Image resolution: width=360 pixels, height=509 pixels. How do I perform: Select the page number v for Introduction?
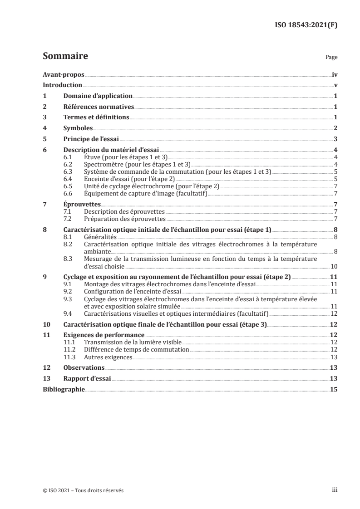point(335,85)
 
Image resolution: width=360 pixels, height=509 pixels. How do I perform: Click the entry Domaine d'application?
point(98,96)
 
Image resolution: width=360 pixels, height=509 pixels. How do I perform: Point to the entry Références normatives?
point(99,107)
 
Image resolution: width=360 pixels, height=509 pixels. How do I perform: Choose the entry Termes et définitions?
point(96,117)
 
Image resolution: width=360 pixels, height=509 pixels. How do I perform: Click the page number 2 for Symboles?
point(335,128)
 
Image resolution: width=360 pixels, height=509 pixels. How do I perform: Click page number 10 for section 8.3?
point(334,266)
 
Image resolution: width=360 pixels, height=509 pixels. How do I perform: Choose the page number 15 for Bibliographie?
point(334,389)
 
